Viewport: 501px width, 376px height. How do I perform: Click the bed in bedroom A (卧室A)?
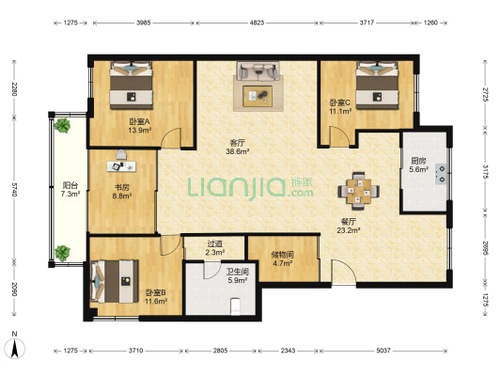(x=131, y=86)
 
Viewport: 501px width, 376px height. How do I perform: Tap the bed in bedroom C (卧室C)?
(x=377, y=86)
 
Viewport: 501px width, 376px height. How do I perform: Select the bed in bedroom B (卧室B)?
(x=115, y=281)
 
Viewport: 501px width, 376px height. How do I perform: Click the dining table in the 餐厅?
(x=359, y=191)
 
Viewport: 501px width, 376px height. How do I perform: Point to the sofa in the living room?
(x=258, y=70)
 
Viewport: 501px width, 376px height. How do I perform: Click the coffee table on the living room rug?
(x=258, y=96)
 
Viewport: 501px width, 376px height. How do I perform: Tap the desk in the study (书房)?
(x=121, y=166)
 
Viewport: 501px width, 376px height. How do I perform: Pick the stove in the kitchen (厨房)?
(x=441, y=174)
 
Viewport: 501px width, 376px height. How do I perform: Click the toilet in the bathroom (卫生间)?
(x=235, y=306)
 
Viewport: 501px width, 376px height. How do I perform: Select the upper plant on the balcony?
(x=62, y=126)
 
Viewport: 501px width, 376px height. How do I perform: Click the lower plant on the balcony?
(x=62, y=253)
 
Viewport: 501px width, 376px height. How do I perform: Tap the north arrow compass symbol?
(x=15, y=348)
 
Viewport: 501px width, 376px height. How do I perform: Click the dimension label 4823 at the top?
(x=257, y=23)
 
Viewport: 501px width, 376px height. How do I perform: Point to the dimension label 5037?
(x=384, y=351)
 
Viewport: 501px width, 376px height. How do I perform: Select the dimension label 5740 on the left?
(x=14, y=190)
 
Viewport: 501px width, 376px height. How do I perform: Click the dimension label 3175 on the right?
(x=485, y=173)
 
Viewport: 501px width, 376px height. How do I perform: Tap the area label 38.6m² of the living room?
(x=238, y=151)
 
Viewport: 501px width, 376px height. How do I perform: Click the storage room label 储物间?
(x=282, y=255)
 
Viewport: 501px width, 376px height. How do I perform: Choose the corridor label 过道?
(x=214, y=243)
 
